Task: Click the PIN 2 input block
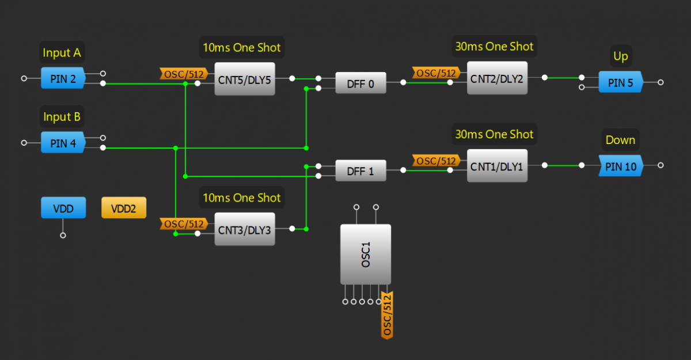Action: (63, 78)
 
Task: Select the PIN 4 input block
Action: (63, 143)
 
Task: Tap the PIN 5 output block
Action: (620, 82)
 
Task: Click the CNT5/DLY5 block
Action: (245, 79)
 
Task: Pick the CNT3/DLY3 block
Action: (245, 229)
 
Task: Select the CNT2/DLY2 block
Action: (497, 78)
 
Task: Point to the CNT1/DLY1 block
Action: (497, 166)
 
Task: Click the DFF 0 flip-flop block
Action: (360, 84)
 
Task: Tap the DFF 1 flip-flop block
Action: (360, 170)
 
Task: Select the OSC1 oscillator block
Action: (366, 254)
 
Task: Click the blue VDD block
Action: (63, 208)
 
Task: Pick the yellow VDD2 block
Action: (124, 208)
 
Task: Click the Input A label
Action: (62, 54)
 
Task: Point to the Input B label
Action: (62, 118)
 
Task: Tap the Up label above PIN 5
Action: (621, 56)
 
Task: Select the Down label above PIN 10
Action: (620, 140)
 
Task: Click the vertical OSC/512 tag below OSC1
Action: (387, 314)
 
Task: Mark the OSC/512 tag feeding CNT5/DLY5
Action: (183, 74)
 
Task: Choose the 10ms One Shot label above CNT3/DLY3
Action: (241, 198)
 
